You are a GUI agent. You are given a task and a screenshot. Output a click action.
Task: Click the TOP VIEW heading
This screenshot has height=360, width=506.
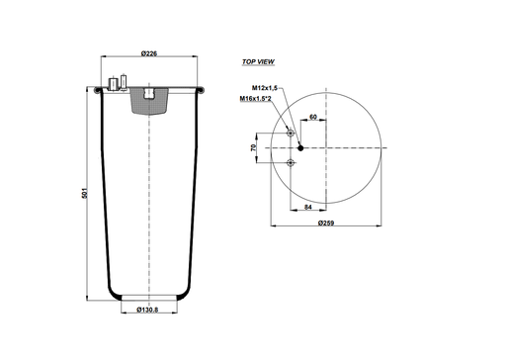pyautogui.click(x=257, y=61)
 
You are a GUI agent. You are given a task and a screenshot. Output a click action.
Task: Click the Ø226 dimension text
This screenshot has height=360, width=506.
pyautogui.click(x=149, y=52)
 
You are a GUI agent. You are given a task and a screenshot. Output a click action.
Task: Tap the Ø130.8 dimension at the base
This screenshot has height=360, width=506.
pyautogui.click(x=148, y=310)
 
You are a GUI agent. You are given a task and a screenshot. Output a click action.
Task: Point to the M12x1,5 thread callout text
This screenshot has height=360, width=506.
pyautogui.click(x=259, y=89)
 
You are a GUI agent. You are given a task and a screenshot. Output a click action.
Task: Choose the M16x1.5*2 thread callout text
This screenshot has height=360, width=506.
pyautogui.click(x=257, y=99)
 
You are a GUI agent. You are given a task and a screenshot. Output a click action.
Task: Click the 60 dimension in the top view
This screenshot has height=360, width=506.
pyautogui.click(x=312, y=117)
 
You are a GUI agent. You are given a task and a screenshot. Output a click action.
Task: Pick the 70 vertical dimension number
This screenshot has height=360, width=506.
pyautogui.click(x=254, y=147)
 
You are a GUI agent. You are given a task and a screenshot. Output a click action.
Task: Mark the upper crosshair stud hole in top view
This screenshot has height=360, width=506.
pyautogui.click(x=290, y=133)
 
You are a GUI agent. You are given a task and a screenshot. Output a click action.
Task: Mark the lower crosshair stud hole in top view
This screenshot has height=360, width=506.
pyautogui.click(x=290, y=162)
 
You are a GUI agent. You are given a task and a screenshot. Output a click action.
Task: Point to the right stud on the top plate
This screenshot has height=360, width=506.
pyautogui.click(x=123, y=83)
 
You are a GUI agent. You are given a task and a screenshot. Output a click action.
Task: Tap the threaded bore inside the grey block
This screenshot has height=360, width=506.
pyautogui.click(x=147, y=95)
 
